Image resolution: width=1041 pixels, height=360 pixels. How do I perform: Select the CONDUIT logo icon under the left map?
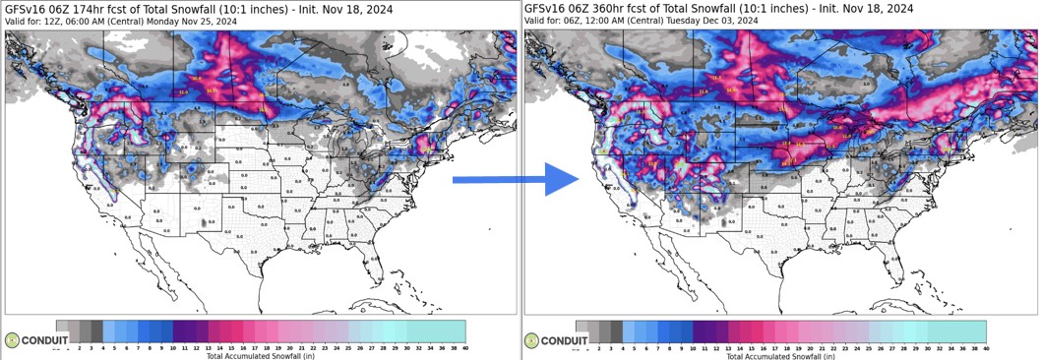[12, 340]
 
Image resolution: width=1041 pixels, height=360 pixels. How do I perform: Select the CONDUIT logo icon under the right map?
[532, 340]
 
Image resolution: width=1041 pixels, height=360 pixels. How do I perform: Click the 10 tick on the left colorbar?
[173, 348]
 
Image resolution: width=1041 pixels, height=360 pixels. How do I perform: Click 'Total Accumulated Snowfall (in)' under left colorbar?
[260, 355]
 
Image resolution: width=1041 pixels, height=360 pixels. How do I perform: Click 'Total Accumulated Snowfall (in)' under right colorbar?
[780, 355]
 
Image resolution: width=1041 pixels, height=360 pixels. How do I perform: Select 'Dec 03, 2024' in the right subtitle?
[734, 20]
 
